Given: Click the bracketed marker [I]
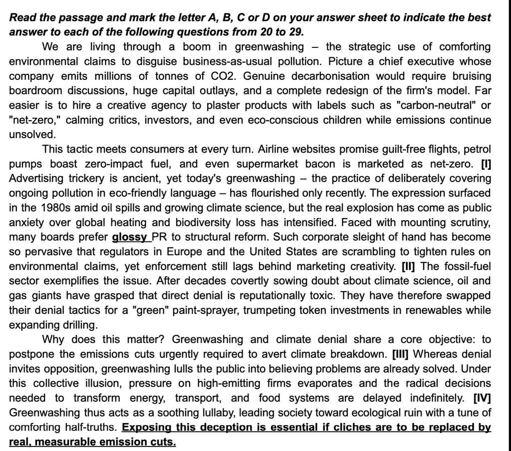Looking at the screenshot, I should click(486, 164).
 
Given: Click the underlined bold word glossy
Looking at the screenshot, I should click(131, 237).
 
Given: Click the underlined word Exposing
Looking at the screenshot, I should click(148, 428).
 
